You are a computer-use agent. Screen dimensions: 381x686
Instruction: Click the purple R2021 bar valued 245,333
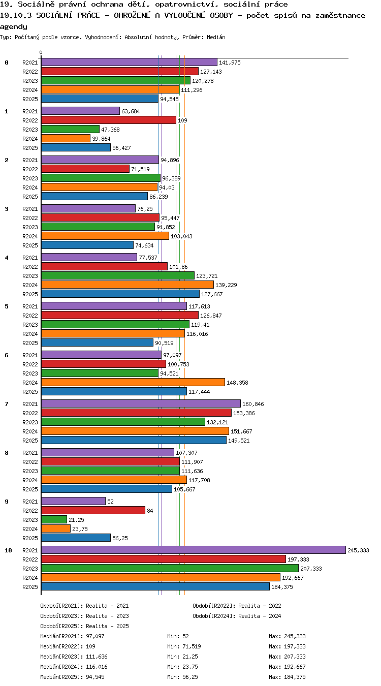[x=193, y=550]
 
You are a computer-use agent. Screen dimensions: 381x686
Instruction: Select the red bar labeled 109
[x=108, y=120]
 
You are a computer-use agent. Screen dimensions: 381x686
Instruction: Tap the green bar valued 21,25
[x=54, y=519]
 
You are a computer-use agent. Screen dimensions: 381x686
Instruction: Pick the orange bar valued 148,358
[x=133, y=382]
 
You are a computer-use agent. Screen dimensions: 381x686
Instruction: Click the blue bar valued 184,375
[x=155, y=586]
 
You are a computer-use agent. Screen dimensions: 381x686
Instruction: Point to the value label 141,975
[x=230, y=63]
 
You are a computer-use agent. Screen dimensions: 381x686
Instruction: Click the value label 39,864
[x=101, y=139]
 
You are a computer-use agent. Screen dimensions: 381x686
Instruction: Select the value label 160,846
[x=253, y=404]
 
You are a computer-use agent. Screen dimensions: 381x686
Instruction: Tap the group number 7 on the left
[x=7, y=404]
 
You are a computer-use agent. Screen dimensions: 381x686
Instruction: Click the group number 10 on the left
[x=8, y=550]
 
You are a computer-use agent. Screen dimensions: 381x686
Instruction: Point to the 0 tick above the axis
[x=41, y=52]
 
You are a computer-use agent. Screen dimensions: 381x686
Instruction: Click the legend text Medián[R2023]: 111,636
[x=74, y=657]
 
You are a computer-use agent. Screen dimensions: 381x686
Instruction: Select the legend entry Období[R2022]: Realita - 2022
[x=237, y=606]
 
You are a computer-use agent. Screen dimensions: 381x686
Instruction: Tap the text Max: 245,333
[x=288, y=636]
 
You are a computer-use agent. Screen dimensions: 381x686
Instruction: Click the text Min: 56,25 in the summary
[x=182, y=677]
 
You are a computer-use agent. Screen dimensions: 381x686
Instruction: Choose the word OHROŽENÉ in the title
[x=132, y=15]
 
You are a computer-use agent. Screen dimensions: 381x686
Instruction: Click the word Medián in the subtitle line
[x=216, y=37]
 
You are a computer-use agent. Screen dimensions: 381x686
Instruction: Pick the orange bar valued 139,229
[x=128, y=285]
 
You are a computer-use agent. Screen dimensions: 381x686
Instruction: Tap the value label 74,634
[x=144, y=245]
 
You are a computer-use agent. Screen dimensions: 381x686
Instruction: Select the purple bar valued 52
[x=73, y=501]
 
